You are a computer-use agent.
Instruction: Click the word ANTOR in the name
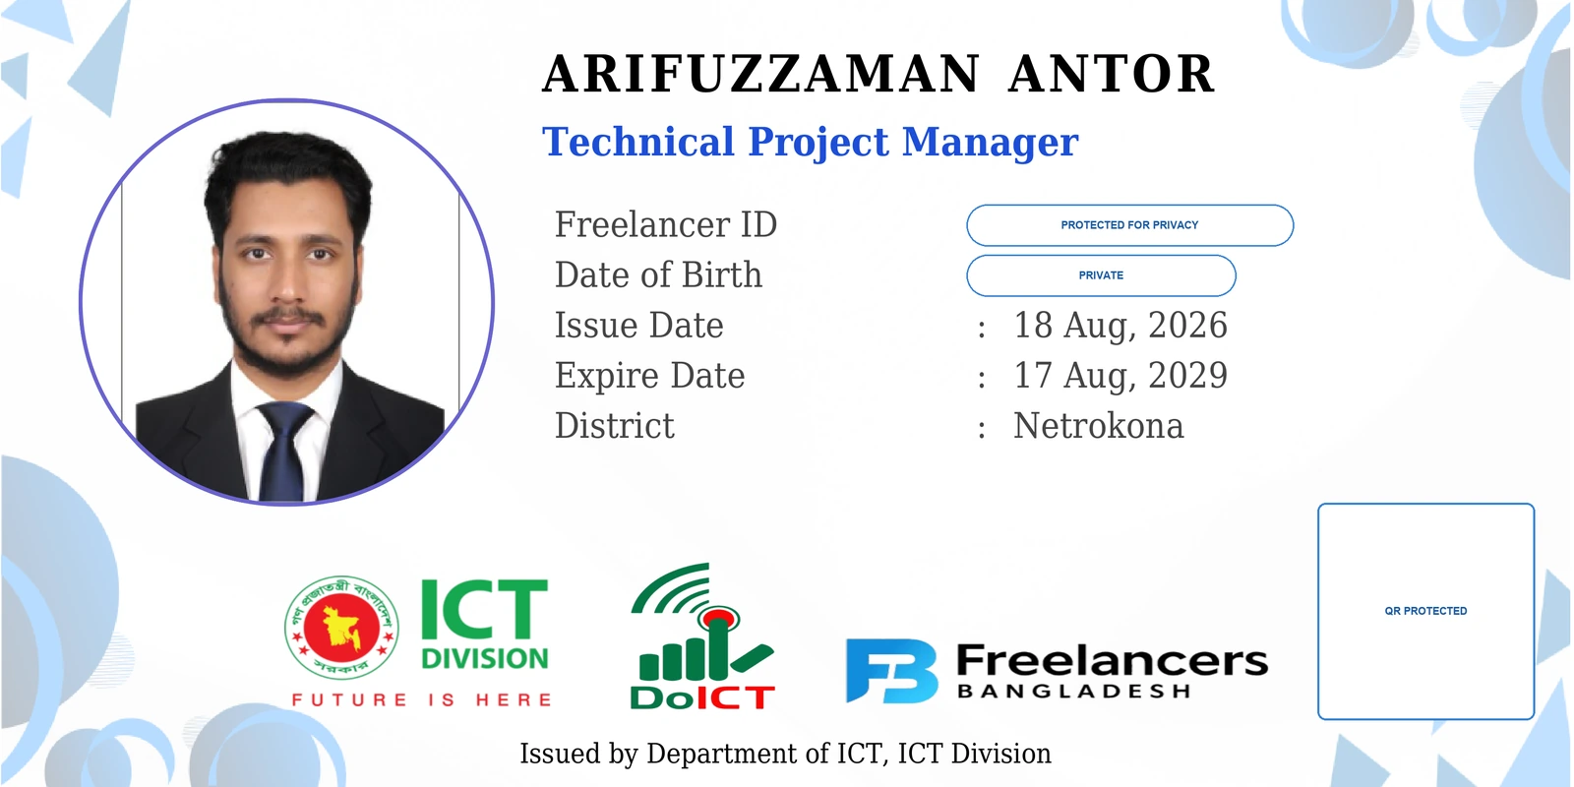pos(1112,74)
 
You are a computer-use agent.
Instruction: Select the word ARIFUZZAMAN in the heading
pos(761,74)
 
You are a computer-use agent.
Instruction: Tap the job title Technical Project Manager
pos(811,143)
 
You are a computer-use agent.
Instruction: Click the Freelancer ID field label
pos(665,225)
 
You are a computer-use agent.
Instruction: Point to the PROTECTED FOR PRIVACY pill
pos(1130,225)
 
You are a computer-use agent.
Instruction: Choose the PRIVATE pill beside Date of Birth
pos(1101,275)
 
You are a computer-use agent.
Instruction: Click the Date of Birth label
pos(658,274)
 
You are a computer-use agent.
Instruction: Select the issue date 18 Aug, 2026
pos(1120,326)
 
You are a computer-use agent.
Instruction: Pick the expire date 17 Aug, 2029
pos(1120,376)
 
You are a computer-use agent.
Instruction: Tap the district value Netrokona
pos(1098,426)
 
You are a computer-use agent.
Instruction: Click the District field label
pos(615,426)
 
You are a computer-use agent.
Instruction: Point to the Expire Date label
pos(650,376)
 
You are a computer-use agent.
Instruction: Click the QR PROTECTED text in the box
pos(1425,611)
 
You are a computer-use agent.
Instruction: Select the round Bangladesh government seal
pos(342,628)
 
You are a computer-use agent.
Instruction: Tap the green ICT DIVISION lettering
pos(485,624)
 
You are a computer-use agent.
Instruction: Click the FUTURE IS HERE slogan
pos(422,699)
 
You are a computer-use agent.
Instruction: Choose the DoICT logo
pos(702,636)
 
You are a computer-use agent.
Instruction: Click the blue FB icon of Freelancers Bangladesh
pos(891,671)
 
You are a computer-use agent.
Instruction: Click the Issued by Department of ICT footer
pos(786,754)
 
